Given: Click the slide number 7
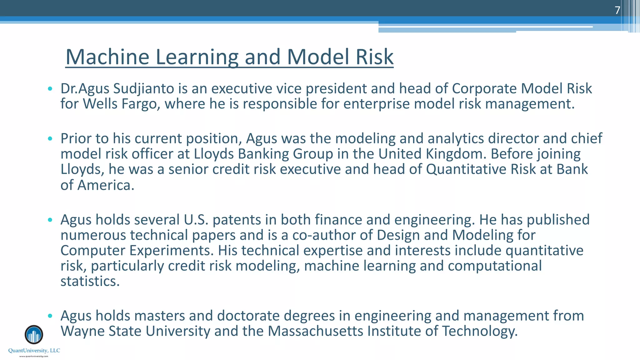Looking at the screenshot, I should coord(617,10).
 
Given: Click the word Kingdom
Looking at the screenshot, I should coord(456,154).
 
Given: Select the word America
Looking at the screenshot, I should coord(106,185).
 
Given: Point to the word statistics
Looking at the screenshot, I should coord(90,281).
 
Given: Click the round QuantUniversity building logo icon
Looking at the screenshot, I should coord(34,335).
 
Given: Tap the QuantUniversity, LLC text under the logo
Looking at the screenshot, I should coord(34,351).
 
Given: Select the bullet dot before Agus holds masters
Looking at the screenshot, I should coord(50,316).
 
